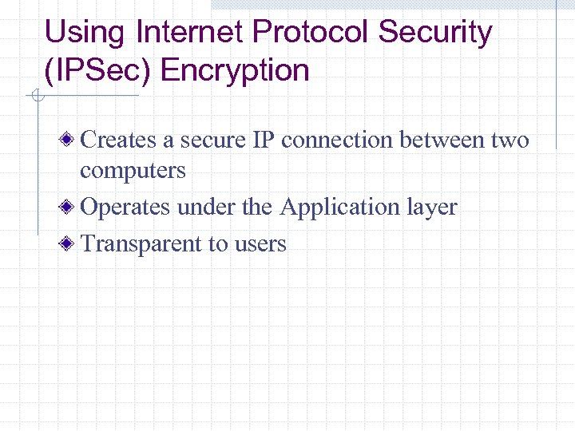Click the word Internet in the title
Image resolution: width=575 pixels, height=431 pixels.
coord(190,33)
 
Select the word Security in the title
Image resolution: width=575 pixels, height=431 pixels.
coord(435,33)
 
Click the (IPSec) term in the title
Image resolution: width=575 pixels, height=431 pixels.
coord(99,70)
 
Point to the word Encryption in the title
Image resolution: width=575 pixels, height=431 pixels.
coord(235,70)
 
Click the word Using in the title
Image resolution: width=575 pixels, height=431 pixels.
coord(85,33)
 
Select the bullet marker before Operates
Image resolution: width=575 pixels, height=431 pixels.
coord(71,208)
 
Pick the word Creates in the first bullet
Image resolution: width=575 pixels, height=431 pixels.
coord(119,140)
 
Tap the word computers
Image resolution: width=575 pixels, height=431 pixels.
coord(133,171)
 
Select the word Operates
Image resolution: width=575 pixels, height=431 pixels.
coord(126,208)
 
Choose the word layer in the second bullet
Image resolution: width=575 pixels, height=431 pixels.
coord(432,208)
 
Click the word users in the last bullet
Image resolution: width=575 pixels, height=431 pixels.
coord(260,244)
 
